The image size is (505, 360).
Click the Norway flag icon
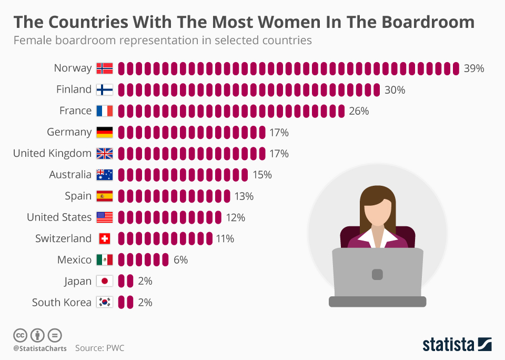point(105,68)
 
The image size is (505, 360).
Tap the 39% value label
point(473,68)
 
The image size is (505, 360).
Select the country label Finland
point(74,89)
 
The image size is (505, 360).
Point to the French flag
point(105,111)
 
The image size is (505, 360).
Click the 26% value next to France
point(359,111)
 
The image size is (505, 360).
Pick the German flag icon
point(105,132)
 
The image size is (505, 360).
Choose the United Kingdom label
point(52,153)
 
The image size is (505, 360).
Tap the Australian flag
point(105,175)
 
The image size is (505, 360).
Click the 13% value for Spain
point(244,196)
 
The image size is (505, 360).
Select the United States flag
point(105,217)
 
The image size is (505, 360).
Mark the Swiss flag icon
point(105,239)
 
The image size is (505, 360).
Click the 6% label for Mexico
point(180,260)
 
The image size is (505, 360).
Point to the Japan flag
point(105,282)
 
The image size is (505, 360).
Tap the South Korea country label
point(62,303)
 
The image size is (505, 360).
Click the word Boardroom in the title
point(423,22)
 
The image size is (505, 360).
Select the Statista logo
point(457,345)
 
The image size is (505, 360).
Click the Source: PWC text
point(99,348)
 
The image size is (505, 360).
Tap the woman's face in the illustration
point(378,212)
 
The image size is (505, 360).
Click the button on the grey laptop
point(377,274)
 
